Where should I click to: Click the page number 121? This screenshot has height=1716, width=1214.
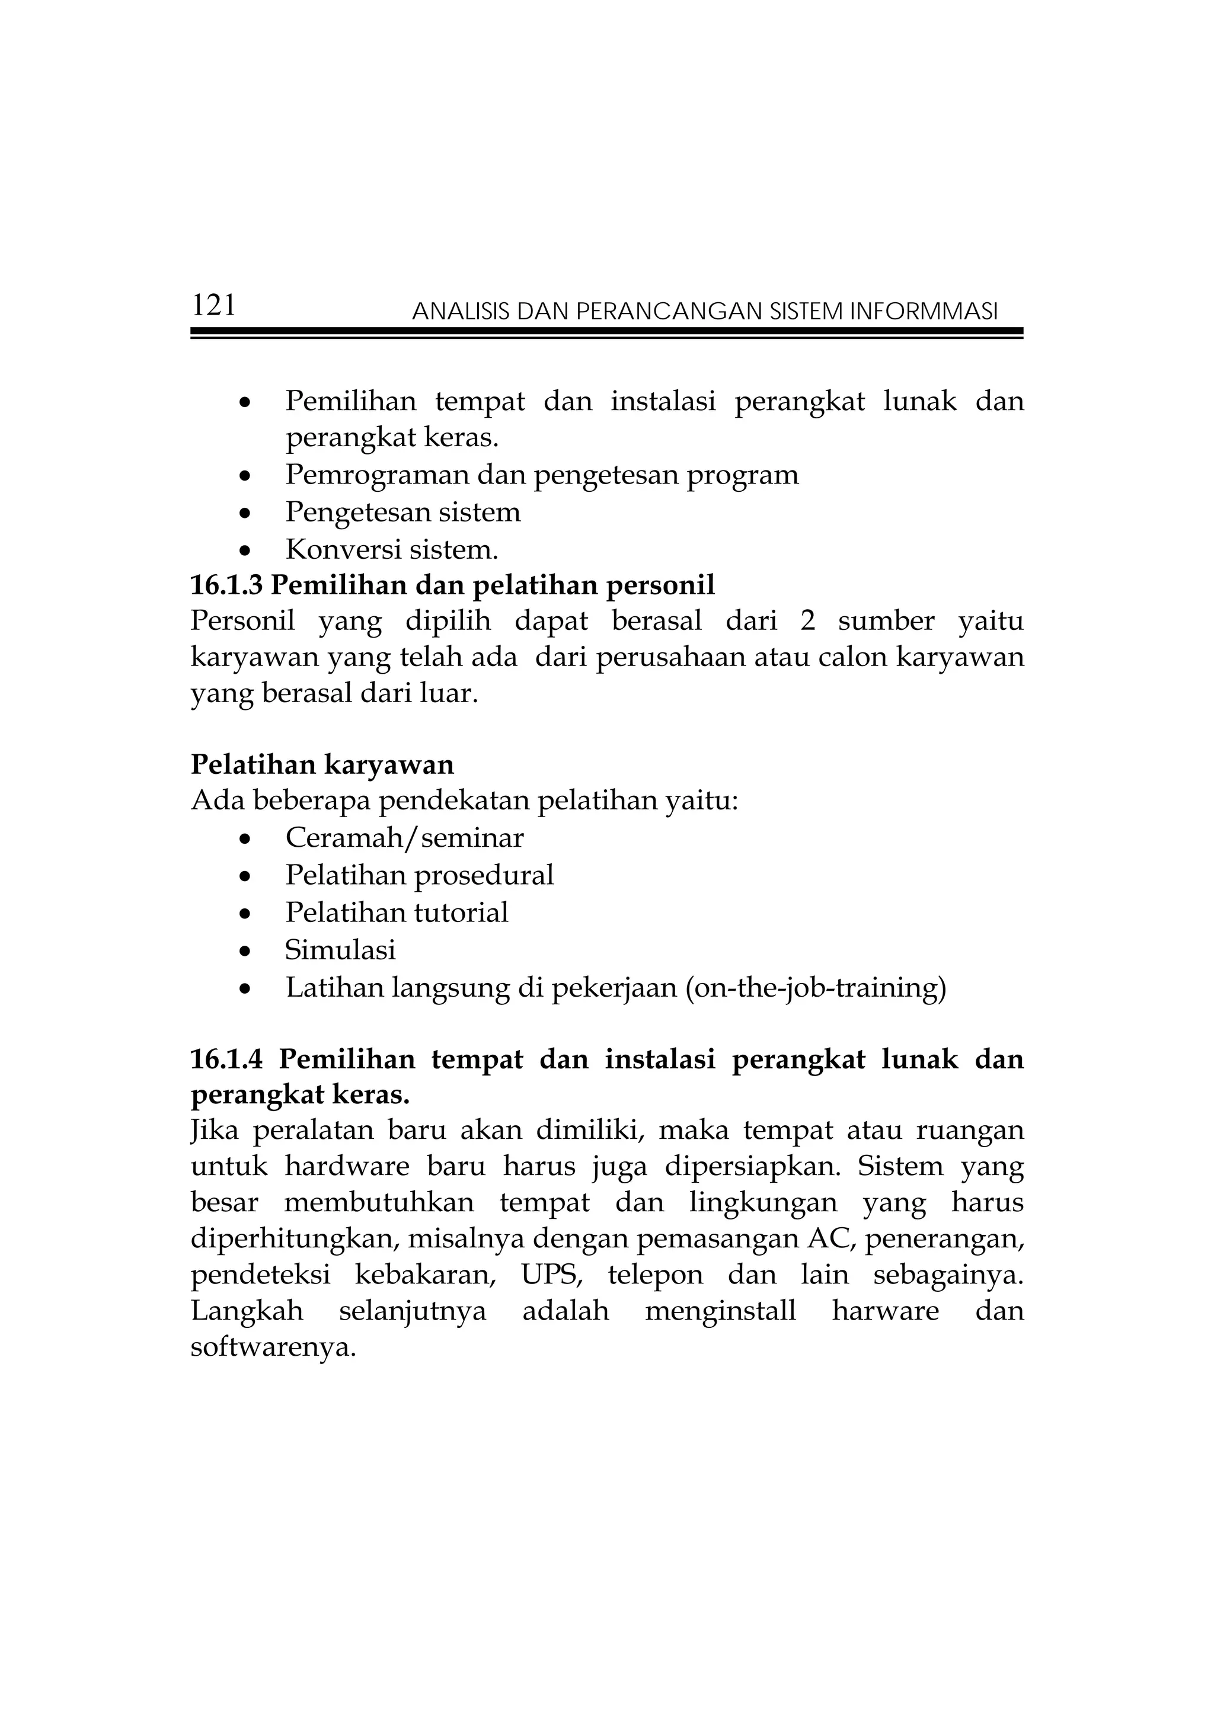pos(214,305)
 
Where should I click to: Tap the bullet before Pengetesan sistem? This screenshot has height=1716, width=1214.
pos(244,515)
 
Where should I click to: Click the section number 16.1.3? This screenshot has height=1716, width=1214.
pos(226,585)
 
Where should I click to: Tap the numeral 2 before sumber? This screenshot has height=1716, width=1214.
pos(807,621)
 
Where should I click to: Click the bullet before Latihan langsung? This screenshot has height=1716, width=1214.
pos(244,990)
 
